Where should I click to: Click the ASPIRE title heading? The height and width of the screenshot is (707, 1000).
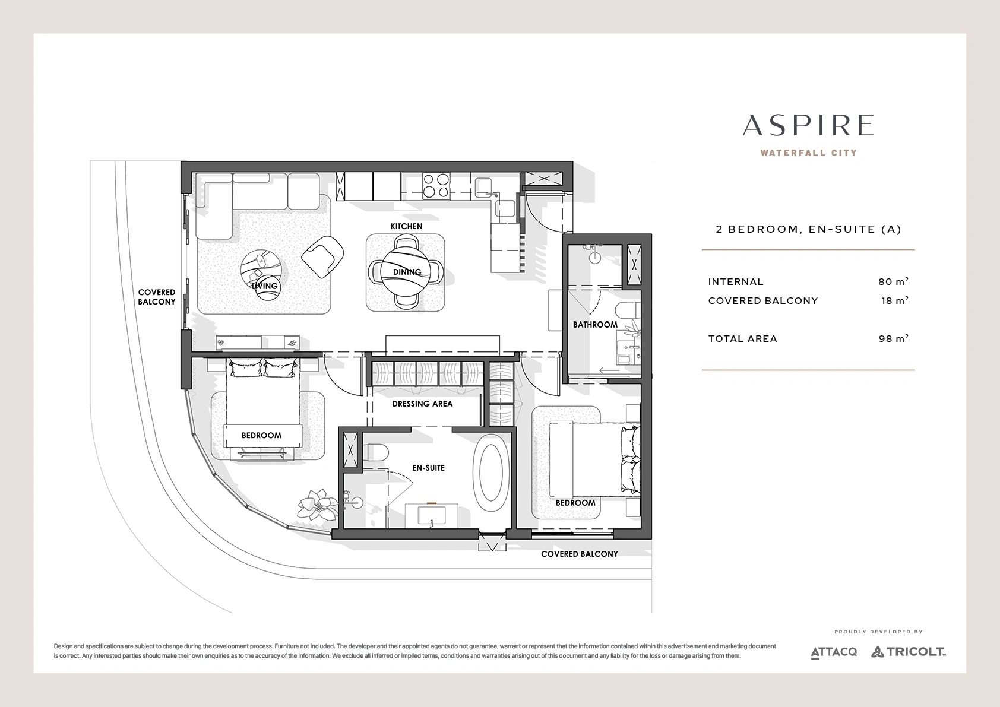click(808, 125)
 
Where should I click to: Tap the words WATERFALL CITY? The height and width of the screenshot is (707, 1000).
click(808, 153)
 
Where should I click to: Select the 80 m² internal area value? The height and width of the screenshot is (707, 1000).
click(893, 281)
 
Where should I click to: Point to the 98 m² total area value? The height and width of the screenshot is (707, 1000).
click(893, 338)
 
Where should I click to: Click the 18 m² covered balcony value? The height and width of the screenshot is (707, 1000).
click(895, 300)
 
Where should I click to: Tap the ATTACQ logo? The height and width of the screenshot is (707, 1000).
click(834, 652)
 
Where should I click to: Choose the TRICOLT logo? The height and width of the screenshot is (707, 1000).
click(909, 652)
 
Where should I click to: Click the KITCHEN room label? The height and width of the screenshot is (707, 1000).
click(406, 226)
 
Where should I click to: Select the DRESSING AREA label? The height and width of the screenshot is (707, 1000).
click(422, 404)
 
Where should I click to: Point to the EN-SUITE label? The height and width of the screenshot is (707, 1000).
click(428, 468)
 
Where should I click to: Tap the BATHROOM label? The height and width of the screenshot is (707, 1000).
click(595, 325)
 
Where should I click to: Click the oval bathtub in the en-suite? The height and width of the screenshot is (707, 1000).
click(490, 473)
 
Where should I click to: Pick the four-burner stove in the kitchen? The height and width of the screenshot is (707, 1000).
click(436, 185)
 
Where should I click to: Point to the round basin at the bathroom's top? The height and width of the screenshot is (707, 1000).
click(595, 257)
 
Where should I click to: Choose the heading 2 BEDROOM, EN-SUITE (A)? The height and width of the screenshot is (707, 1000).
click(808, 229)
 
